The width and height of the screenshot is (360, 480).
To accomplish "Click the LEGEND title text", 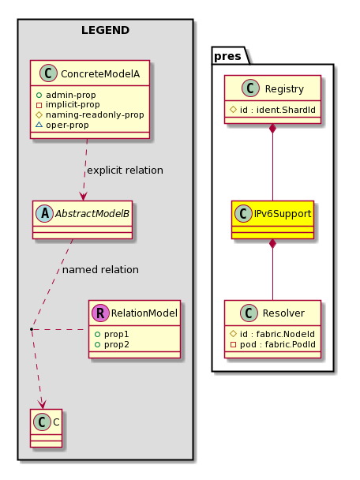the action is (x=105, y=30).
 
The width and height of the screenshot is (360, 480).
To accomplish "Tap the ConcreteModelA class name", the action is (x=100, y=73).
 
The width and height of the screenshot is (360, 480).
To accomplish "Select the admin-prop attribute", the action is (x=71, y=95).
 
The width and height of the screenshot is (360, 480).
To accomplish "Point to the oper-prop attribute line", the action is (x=67, y=125).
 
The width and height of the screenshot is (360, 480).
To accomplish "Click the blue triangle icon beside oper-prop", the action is (x=39, y=125).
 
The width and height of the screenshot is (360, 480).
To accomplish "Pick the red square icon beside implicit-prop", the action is (x=39, y=106).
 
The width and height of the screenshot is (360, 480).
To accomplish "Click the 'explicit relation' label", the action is (x=125, y=171).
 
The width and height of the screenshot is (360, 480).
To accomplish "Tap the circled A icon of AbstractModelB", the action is (x=45, y=213).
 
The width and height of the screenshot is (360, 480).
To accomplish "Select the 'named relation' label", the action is (x=100, y=270).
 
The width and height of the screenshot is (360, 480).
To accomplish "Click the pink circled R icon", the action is (x=100, y=313).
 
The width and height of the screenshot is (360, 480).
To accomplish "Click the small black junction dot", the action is (x=32, y=329).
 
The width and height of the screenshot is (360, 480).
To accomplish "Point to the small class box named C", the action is (x=47, y=428).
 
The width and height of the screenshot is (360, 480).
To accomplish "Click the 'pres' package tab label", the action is (x=227, y=56).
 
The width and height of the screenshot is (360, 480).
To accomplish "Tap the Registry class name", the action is (x=284, y=88).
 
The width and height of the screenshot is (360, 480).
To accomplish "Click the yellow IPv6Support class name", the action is (x=283, y=213).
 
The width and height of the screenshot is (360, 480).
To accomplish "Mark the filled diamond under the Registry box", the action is (x=272, y=129).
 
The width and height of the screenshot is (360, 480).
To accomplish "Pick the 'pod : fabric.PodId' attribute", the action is (x=278, y=344).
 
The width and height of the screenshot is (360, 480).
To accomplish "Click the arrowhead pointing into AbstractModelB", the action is (x=83, y=197).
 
